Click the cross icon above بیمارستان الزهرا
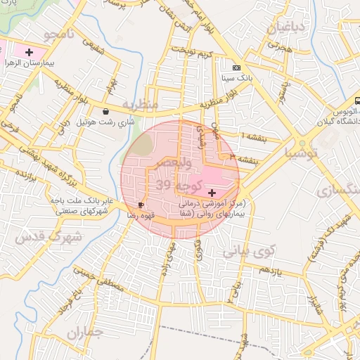tap(29, 52)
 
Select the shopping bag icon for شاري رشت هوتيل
tap(105, 111)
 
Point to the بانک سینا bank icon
tap(236, 67)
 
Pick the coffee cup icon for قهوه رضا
tap(141, 205)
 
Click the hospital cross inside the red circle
tap(212, 192)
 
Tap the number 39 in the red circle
tap(163, 185)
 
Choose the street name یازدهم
tap(269, 271)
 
